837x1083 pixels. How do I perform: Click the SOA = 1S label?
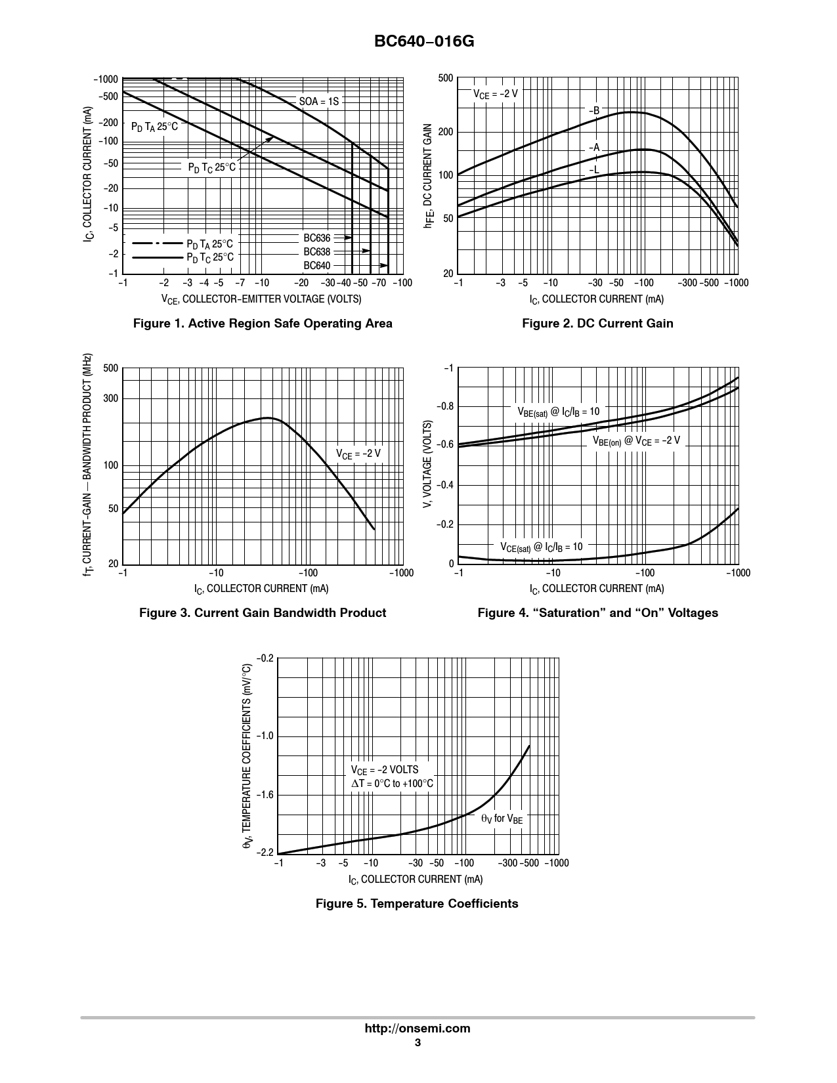(319, 101)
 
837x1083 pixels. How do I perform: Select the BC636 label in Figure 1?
(317, 238)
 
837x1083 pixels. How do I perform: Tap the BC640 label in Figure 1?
(317, 266)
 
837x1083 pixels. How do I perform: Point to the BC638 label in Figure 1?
(317, 252)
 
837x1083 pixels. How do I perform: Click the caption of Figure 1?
(263, 323)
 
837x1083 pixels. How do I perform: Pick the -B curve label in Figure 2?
(593, 111)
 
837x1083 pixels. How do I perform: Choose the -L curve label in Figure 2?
(593, 170)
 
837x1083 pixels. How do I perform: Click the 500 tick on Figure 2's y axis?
(445, 79)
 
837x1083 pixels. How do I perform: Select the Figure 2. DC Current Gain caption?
(597, 323)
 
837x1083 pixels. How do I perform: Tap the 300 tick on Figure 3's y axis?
(110, 398)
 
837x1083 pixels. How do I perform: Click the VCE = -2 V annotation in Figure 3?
(358, 454)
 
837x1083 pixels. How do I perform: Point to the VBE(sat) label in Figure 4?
(559, 412)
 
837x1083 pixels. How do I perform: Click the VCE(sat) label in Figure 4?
(542, 547)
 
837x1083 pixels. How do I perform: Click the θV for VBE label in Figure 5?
(502, 818)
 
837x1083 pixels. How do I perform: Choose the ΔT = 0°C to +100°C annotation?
(392, 783)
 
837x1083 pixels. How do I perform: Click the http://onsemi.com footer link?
(418, 1029)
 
